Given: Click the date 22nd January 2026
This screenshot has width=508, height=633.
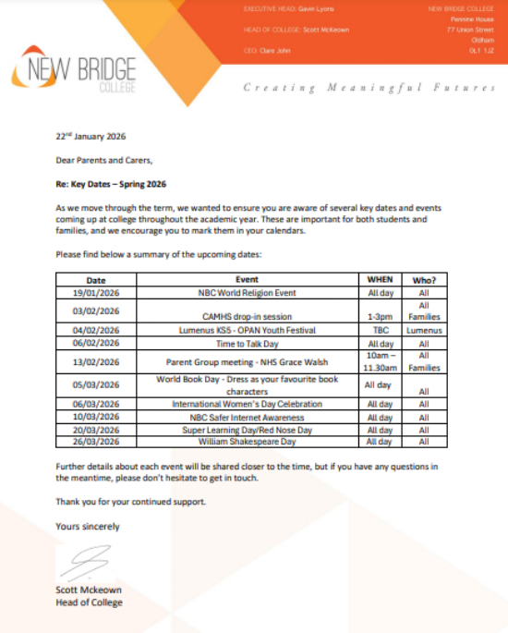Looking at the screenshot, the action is (91, 136).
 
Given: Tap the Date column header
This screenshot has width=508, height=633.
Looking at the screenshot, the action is (96, 279).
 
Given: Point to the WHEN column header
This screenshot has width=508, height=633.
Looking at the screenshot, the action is (380, 279).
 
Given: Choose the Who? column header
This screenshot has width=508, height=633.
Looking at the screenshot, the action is (424, 279).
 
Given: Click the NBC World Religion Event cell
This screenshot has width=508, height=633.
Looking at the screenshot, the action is (247, 292).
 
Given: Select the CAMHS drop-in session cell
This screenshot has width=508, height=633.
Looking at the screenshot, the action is (247, 316).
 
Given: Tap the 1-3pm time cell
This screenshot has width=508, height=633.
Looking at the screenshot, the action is (380, 316).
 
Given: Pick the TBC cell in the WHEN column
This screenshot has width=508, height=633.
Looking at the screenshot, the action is (380, 330).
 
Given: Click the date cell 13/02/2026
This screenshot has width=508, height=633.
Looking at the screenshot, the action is (96, 362).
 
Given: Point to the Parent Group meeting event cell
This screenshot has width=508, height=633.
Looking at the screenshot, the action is (247, 362).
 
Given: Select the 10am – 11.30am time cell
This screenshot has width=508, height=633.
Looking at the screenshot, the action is (380, 362).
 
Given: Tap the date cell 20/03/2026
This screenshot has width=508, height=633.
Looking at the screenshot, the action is (96, 430).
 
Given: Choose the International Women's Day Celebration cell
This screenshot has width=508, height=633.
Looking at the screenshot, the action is (247, 404).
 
